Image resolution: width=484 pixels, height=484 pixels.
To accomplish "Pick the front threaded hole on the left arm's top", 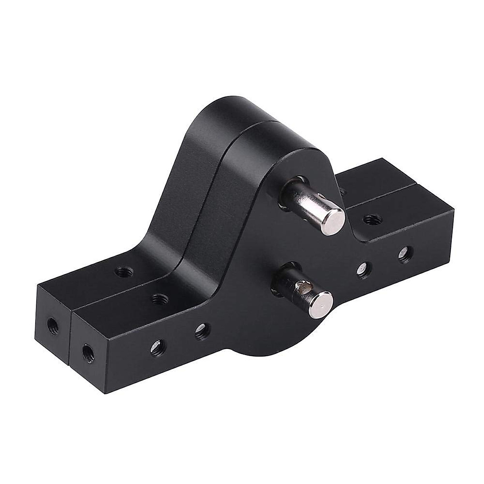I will [x=159, y=299].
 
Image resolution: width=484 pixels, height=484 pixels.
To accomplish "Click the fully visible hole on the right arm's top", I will [x=369, y=220].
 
